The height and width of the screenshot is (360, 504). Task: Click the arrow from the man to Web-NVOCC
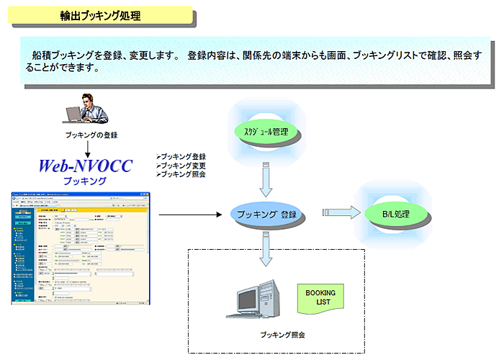(86, 148)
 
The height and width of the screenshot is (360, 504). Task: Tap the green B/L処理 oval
(396, 214)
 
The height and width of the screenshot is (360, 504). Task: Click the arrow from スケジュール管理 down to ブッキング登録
(267, 180)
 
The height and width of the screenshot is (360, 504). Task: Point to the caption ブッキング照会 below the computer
(282, 336)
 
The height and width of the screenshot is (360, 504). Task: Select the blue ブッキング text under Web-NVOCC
(85, 181)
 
